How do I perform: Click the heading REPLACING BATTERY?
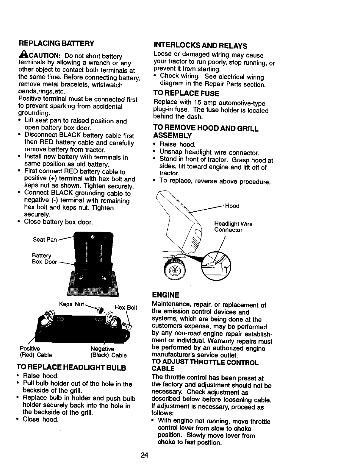coord(56,43)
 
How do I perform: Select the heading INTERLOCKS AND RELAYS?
coord(200,46)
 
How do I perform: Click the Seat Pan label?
coord(44,240)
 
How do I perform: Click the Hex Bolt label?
coord(126,308)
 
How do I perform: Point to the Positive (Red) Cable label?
coord(36,352)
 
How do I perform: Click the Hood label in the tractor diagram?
coord(232,206)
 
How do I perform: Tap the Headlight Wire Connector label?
coord(233,227)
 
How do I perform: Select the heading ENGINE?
coord(165,295)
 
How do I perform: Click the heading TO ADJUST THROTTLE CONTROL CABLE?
coord(205,366)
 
